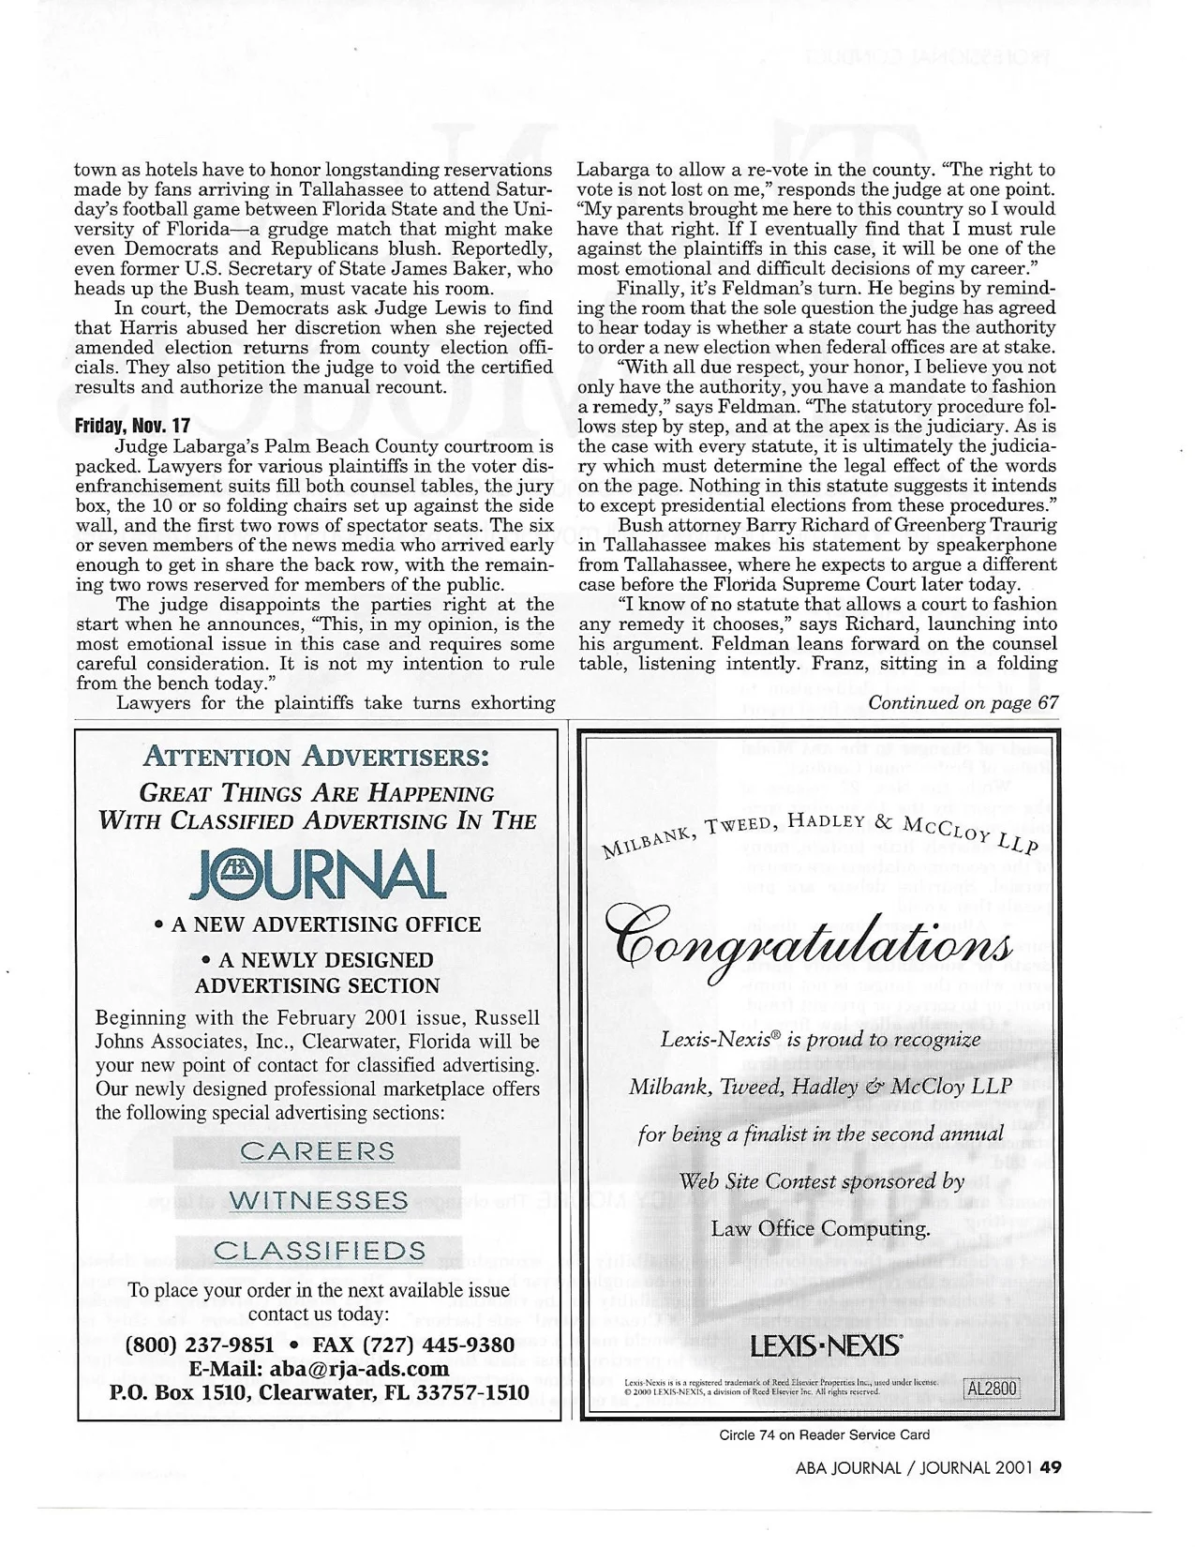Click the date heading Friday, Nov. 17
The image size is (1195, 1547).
(x=132, y=425)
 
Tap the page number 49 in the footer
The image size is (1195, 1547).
(x=1050, y=1468)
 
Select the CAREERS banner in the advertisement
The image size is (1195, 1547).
(x=318, y=1151)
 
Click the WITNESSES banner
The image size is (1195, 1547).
(x=318, y=1201)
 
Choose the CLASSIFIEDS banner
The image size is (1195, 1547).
(x=319, y=1251)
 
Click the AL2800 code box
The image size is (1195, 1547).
(x=992, y=1388)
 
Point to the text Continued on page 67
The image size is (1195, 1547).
(x=963, y=703)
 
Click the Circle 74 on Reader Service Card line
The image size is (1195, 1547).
(x=824, y=1434)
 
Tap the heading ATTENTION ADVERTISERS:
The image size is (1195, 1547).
(x=318, y=756)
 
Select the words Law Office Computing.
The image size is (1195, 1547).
(x=820, y=1228)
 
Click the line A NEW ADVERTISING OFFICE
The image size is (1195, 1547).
(x=318, y=924)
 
